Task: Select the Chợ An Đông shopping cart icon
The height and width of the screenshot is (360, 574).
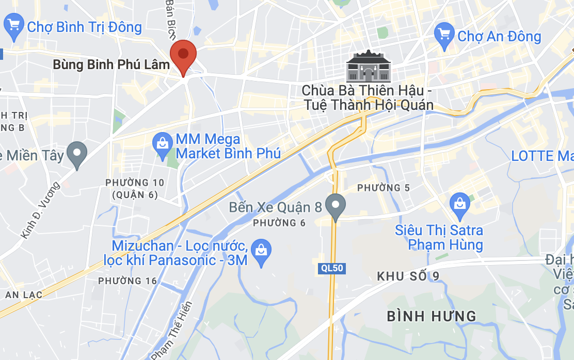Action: coord(444,36)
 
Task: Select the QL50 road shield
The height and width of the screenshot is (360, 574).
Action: coord(331,268)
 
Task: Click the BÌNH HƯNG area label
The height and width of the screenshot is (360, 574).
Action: coord(432,316)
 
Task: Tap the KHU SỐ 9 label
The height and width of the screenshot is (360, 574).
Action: coord(408,276)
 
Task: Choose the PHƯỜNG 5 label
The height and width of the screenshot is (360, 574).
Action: coord(384,188)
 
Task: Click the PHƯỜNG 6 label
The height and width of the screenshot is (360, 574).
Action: coord(280,223)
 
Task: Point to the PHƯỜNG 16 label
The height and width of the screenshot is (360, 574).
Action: coord(127,281)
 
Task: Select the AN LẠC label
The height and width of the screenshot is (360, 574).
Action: coord(24,294)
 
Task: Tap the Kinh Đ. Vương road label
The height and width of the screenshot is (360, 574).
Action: coord(41,210)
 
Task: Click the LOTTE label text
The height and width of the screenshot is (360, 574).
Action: coord(542,156)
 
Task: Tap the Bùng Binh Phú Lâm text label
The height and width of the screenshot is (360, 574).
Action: coord(111,65)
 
